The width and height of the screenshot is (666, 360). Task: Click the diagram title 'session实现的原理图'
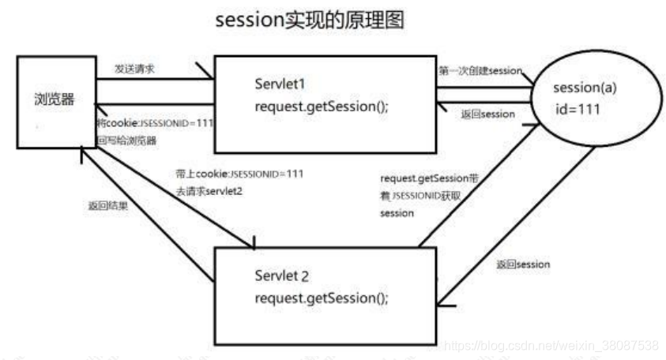coord(310,21)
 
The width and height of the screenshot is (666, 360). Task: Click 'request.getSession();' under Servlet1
coord(321,107)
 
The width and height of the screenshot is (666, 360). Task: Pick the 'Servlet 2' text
coord(282,277)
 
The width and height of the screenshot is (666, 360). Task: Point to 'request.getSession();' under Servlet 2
coord(321,299)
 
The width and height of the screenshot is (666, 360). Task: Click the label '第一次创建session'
coord(480,71)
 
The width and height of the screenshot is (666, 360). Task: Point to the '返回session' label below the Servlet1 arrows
coord(487,114)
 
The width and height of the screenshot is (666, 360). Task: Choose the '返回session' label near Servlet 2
coord(523,264)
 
